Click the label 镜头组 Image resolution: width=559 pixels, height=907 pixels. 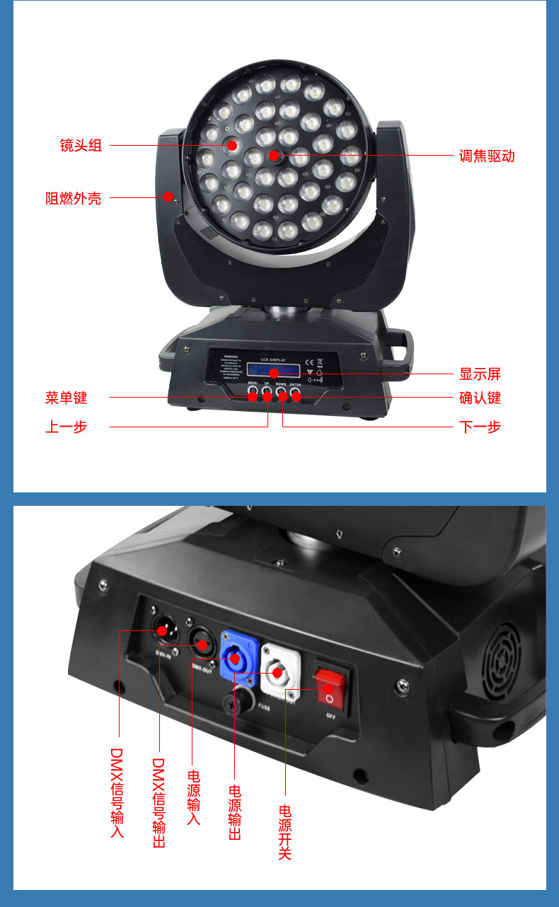(x=81, y=146)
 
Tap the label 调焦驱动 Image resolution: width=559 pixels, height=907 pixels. (x=487, y=156)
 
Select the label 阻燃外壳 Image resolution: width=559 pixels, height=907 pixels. (x=74, y=198)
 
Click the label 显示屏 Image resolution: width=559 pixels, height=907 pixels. (x=480, y=374)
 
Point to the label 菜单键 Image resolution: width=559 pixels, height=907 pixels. (x=67, y=398)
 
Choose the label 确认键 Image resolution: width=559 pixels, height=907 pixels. (x=480, y=398)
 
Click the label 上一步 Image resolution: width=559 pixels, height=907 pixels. (x=67, y=427)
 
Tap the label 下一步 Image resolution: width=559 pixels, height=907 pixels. (x=480, y=427)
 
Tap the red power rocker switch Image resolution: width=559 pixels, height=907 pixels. (x=329, y=688)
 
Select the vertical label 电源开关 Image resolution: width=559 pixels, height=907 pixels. (x=285, y=831)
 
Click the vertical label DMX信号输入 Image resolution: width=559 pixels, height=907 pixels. (x=118, y=792)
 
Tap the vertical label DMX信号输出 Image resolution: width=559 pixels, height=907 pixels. (x=159, y=803)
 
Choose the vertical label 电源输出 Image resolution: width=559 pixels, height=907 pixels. (x=235, y=811)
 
